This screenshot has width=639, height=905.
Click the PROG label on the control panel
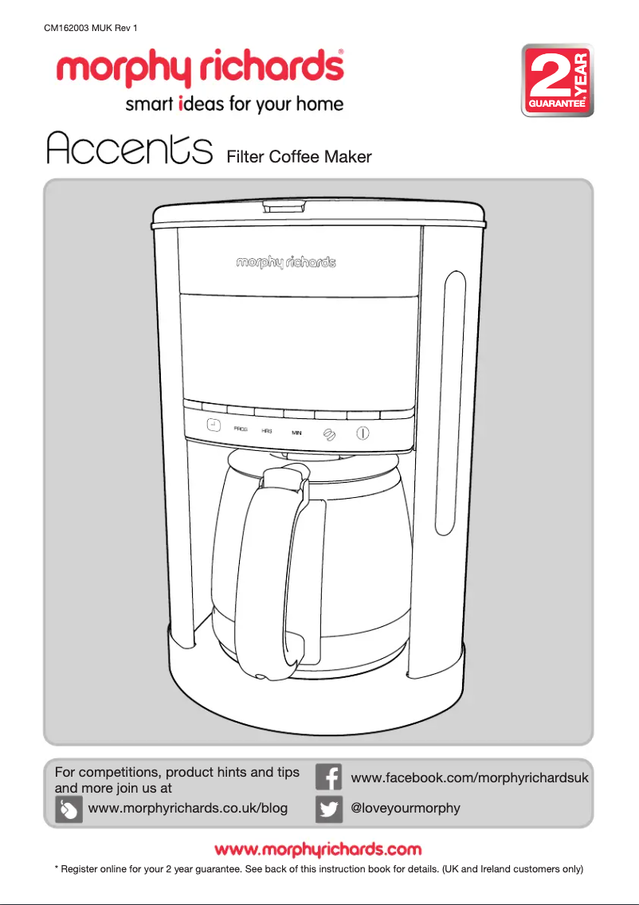pos(241,429)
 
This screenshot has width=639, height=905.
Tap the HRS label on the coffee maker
pos(267,430)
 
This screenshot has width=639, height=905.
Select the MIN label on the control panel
pos(296,433)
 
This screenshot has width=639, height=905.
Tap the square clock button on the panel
pos(213,425)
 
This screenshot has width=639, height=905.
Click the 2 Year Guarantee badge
pos(557,80)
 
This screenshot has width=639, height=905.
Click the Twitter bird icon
pos(329,809)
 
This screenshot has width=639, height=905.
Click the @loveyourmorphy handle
pos(406,808)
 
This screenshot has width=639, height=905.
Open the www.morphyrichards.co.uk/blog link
pos(188,808)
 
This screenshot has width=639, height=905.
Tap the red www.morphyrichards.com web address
pos(319,849)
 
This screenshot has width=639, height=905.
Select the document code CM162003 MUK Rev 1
pos(91,29)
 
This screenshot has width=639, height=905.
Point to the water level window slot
pos(451,402)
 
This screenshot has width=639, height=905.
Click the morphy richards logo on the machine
pos(285,262)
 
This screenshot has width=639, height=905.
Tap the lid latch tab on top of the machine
pos(283,206)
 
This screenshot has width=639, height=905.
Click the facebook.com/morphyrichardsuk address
pos(469,777)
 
